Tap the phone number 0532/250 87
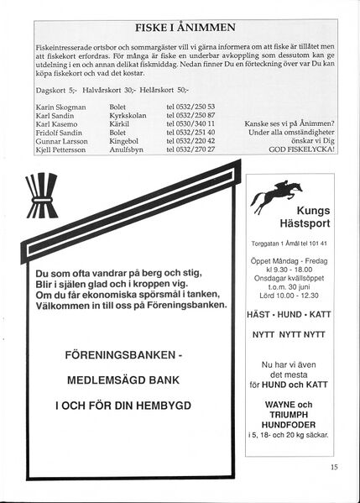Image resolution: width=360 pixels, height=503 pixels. [191, 115]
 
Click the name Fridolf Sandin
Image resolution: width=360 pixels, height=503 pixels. [61, 132]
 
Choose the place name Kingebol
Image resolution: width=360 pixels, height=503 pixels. [125, 140]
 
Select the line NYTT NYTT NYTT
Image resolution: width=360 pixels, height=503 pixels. [290, 333]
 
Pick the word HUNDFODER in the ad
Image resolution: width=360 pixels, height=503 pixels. [290, 422]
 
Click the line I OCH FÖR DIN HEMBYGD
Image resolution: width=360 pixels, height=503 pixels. [123, 405]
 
